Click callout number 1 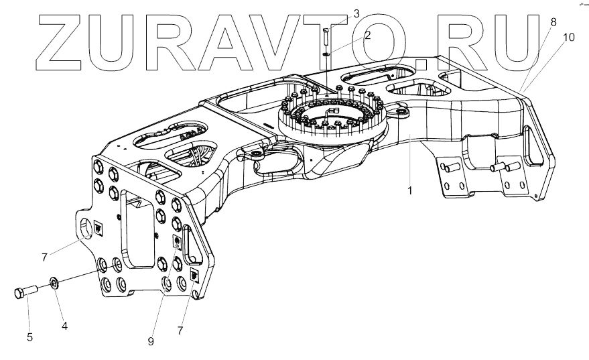coord(409,191)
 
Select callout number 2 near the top coord(367,36)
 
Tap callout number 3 coord(356,13)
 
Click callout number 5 coord(29,337)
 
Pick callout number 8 coord(553,22)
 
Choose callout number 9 coord(151,341)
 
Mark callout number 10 coord(568,38)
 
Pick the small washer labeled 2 coord(326,54)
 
